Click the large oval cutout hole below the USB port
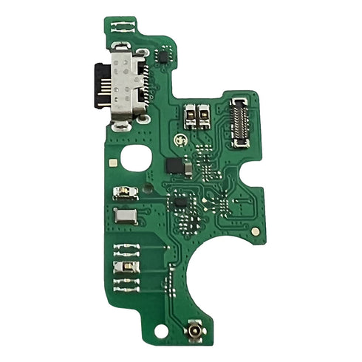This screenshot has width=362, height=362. coord(138,159)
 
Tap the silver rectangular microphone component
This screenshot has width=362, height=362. coord(125,217)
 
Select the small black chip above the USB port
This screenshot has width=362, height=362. coord(163,56)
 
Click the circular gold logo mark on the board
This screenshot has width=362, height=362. coord(180,140)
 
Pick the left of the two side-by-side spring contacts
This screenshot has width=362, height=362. coord(191,115)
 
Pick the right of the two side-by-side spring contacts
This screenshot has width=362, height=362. coord(205,115)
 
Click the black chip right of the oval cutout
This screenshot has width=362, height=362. coord(175,164)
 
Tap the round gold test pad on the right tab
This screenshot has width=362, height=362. coord(256,231)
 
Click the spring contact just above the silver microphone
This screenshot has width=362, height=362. coord(122,194)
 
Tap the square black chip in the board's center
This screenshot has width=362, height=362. coord(177,199)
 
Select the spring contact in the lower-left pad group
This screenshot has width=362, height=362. coord(123,267)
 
